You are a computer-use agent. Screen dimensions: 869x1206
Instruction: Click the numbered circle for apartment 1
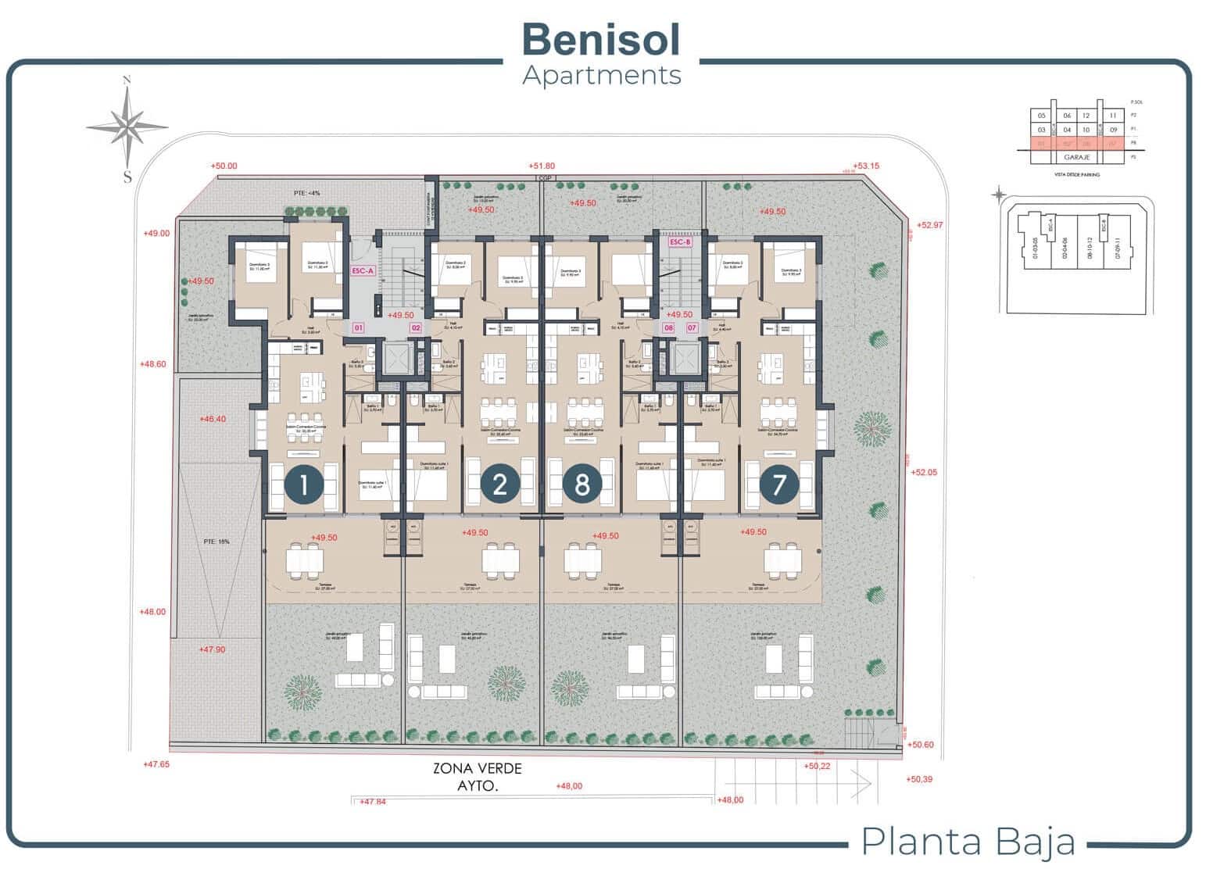pyautogui.click(x=304, y=485)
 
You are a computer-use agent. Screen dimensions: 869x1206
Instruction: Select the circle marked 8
pyautogui.click(x=582, y=485)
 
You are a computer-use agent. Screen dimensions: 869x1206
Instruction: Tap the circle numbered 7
pyautogui.click(x=778, y=485)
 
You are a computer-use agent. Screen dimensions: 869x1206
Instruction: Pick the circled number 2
pyautogui.click(x=500, y=485)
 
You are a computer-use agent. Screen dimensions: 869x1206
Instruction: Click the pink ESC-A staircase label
pyautogui.click(x=363, y=271)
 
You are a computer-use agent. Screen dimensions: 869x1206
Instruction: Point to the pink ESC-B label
pyautogui.click(x=680, y=242)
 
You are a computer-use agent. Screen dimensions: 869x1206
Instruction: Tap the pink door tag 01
pyautogui.click(x=359, y=328)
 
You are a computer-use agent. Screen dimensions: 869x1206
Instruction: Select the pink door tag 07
pyautogui.click(x=692, y=328)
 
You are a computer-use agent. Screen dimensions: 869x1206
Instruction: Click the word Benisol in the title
pyautogui.click(x=600, y=39)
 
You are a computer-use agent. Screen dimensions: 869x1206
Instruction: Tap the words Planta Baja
pyautogui.click(x=968, y=842)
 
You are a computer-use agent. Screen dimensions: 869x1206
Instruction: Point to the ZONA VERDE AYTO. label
pyautogui.click(x=477, y=777)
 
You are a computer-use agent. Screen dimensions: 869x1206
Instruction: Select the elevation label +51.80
pyautogui.click(x=541, y=166)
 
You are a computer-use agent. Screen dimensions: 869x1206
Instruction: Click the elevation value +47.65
pyautogui.click(x=156, y=764)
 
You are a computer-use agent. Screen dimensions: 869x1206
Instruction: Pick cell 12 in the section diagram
pyautogui.click(x=1086, y=116)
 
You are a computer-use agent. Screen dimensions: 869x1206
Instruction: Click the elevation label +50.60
pyautogui.click(x=922, y=745)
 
